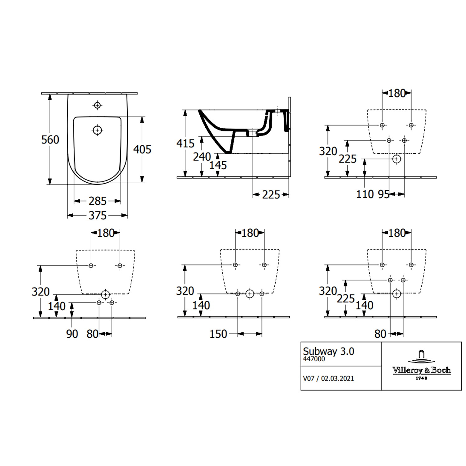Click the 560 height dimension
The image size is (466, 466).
click(50, 140)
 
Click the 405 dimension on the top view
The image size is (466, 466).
click(142, 149)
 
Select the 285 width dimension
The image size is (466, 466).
click(98, 201)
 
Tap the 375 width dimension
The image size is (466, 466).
click(98, 216)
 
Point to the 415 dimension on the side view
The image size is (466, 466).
click(185, 144)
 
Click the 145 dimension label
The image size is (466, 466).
click(218, 165)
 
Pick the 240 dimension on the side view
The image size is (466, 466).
click(202, 157)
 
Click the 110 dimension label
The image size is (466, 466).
click(365, 194)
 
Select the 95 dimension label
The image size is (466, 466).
click(384, 194)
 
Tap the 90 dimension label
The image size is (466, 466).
click(72, 334)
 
